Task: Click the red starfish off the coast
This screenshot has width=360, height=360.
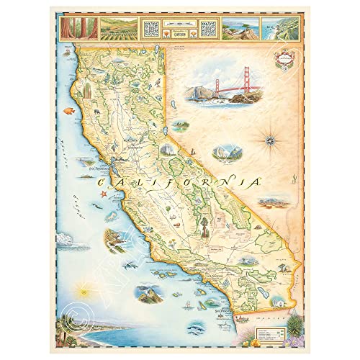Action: pos(104,194)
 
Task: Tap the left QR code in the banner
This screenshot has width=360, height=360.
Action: pos(150,29)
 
